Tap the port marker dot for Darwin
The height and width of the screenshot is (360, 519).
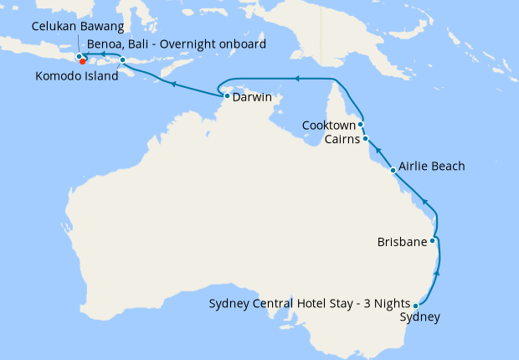click(x=227, y=97)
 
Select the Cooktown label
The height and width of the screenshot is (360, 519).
click(x=329, y=125)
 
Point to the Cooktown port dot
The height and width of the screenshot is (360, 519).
click(x=360, y=124)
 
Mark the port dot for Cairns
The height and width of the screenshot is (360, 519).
click(x=365, y=138)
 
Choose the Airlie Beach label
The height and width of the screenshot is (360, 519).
click(x=431, y=167)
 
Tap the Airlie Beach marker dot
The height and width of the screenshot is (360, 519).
click(x=393, y=170)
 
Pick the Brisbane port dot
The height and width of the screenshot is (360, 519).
click(x=432, y=241)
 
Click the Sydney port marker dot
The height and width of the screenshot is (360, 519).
click(x=416, y=306)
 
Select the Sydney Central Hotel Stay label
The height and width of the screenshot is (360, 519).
click(x=309, y=303)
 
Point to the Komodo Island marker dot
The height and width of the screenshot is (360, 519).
click(x=122, y=60)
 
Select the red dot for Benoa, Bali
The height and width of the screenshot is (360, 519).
click(x=83, y=60)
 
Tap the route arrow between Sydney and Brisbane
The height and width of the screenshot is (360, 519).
click(x=439, y=274)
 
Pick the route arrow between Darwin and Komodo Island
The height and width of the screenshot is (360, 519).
click(x=172, y=85)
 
